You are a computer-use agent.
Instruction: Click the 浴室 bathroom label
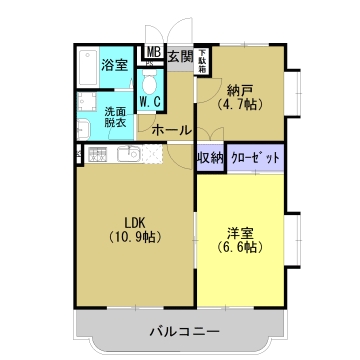coord(114,65)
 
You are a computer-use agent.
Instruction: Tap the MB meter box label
coord(154,52)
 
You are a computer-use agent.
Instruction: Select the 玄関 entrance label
coord(181,56)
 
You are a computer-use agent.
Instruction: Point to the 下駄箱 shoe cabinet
coord(202,60)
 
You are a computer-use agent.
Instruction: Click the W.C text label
coord(151,101)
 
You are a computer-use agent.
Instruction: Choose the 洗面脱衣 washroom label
coord(116,119)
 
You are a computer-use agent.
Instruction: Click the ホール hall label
coord(171,130)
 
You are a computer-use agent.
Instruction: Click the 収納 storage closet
coord(210,157)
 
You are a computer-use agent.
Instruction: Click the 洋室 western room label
coord(239,234)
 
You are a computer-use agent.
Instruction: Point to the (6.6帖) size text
coord(239,250)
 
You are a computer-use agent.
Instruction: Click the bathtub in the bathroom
coord(87,66)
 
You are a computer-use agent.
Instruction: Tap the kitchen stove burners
coord(98,154)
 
